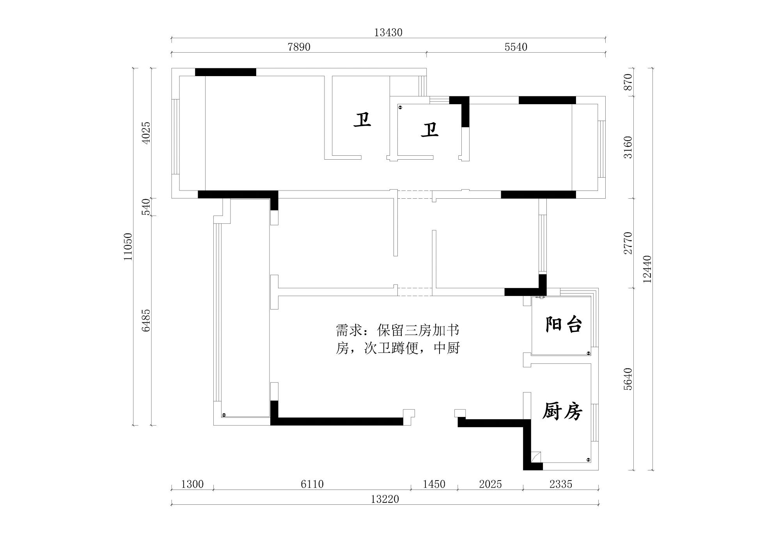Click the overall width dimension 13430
[x=388, y=32]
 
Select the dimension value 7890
[x=299, y=47]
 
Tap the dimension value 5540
[x=516, y=47]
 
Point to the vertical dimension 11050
[x=128, y=247]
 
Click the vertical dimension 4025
[x=146, y=133]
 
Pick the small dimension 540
[x=146, y=207]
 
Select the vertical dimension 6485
[x=146, y=321]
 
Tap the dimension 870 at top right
[x=628, y=82]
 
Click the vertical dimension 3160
[x=628, y=147]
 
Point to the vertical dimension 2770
[x=628, y=243]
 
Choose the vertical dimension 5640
[x=628, y=379]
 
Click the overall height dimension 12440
[x=647, y=269]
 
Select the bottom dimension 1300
[x=192, y=484]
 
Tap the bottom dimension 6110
[x=312, y=484]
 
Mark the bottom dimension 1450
[x=434, y=484]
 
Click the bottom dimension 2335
[x=560, y=484]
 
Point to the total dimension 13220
[x=385, y=499]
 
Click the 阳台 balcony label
[x=563, y=324]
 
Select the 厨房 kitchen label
[x=562, y=411]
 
